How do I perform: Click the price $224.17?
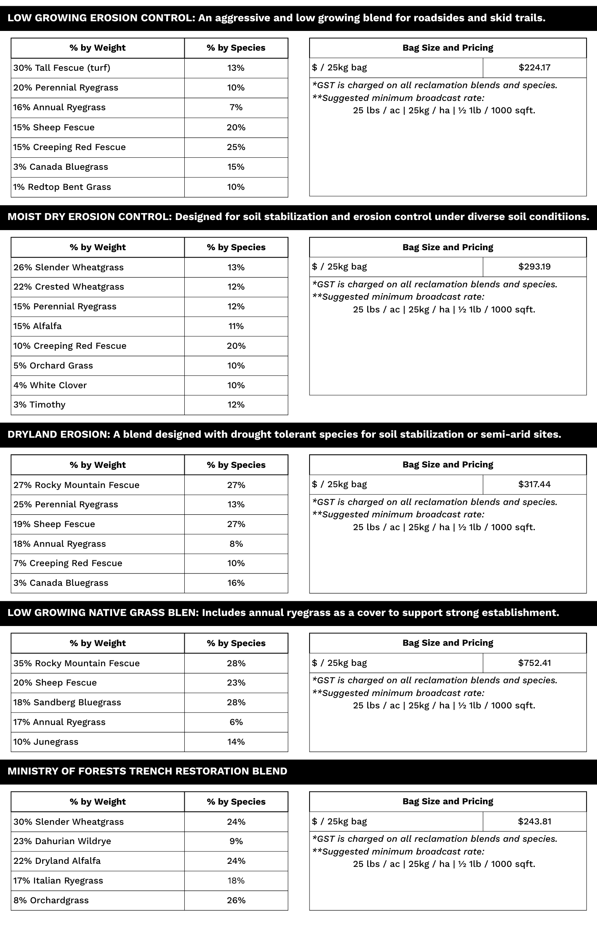[x=534, y=68]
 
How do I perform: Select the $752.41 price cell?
[x=534, y=663]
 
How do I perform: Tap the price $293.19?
[x=534, y=266]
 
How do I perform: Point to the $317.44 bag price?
[x=534, y=484]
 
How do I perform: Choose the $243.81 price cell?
[x=534, y=821]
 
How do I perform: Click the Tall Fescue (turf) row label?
[x=62, y=68]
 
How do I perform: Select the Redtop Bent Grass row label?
[x=62, y=187]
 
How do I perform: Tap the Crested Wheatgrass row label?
[x=69, y=287]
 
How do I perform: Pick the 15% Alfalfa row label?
[x=37, y=326]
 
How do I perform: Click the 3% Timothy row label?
[x=39, y=404]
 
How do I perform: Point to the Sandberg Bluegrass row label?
[x=67, y=702]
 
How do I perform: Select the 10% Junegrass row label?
[x=46, y=742]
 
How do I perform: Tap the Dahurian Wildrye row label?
[x=62, y=841]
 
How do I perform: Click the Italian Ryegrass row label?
[x=58, y=881]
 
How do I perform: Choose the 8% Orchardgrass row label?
[x=51, y=900]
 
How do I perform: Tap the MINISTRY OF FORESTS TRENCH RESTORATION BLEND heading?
[x=147, y=771]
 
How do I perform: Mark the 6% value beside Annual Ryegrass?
[x=236, y=722]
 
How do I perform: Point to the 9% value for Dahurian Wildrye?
[x=236, y=841]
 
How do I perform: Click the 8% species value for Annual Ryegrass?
[x=236, y=544]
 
